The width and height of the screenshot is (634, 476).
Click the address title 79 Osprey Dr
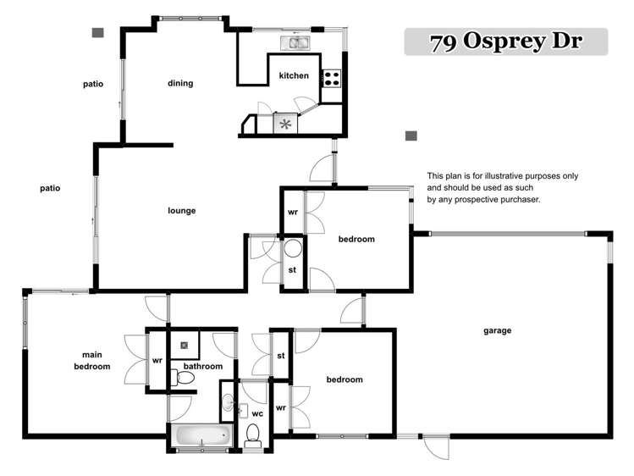(x=505, y=42)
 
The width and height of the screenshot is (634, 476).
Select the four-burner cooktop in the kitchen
(x=331, y=79)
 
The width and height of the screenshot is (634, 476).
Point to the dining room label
(x=180, y=83)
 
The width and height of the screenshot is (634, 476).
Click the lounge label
(x=181, y=211)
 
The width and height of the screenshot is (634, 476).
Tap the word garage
(x=497, y=330)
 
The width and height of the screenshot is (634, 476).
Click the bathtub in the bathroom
(x=201, y=436)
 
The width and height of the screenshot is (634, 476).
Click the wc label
(x=256, y=412)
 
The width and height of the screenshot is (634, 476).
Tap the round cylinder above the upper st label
(x=293, y=249)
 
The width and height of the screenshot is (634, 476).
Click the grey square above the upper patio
(x=98, y=33)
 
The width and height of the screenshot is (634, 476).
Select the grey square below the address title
(x=411, y=136)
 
